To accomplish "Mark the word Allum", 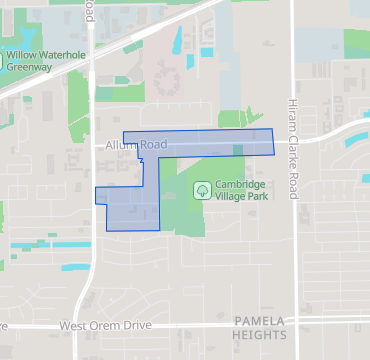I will click(x=118, y=145).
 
